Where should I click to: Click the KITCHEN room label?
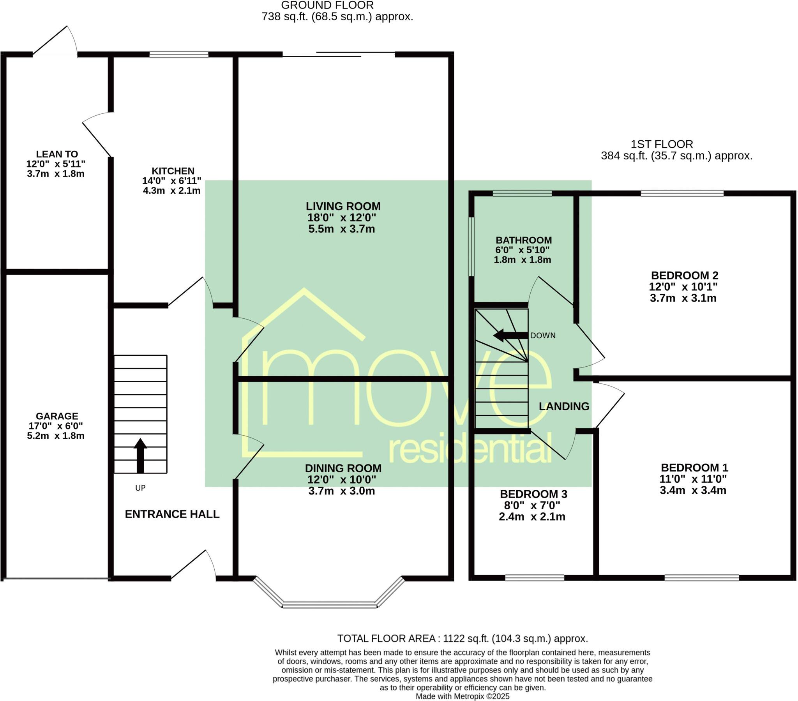tap(173, 171)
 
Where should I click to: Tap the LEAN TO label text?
tap(57, 154)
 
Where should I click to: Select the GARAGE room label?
tap(57, 416)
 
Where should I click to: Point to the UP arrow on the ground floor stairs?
tap(140, 456)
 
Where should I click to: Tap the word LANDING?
tap(564, 406)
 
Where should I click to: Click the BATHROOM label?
tap(524, 240)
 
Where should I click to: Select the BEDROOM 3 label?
tap(533, 494)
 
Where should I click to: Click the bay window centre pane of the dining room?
tap(330, 605)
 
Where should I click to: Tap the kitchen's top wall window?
tap(179, 55)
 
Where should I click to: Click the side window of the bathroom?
tap(471, 247)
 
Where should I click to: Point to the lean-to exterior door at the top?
tap(55, 41)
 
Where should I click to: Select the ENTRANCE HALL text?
tap(172, 514)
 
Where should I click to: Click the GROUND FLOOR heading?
tap(327, 5)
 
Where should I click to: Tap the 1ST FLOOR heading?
tap(662, 145)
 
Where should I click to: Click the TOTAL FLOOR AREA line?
tap(462, 639)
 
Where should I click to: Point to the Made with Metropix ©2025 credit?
tap(462, 696)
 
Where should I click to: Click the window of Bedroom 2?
tap(681, 193)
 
